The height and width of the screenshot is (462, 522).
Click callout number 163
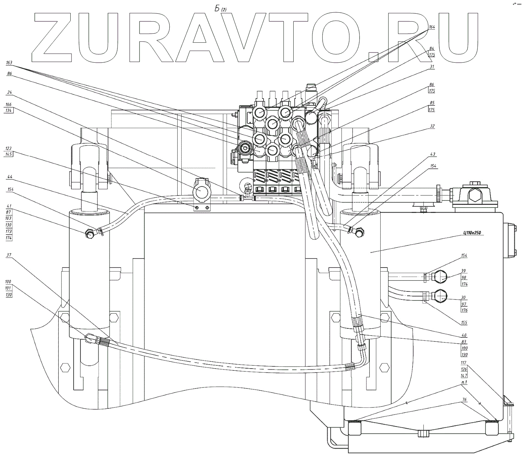click(x=9, y=63)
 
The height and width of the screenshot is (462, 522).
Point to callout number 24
click(x=9, y=92)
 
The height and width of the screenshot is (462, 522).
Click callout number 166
click(x=9, y=104)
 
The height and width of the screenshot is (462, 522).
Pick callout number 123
click(x=9, y=148)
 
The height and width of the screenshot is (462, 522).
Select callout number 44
click(x=9, y=177)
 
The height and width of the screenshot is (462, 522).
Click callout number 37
click(x=9, y=255)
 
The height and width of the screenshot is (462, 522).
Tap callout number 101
click(x=9, y=288)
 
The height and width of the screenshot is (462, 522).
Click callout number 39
click(x=463, y=271)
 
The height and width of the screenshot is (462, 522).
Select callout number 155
click(x=464, y=323)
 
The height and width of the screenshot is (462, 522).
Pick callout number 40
click(x=463, y=335)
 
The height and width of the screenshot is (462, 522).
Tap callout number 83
click(x=463, y=341)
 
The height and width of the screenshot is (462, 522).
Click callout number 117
click(x=463, y=363)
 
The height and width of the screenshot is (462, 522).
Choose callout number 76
click(x=463, y=390)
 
